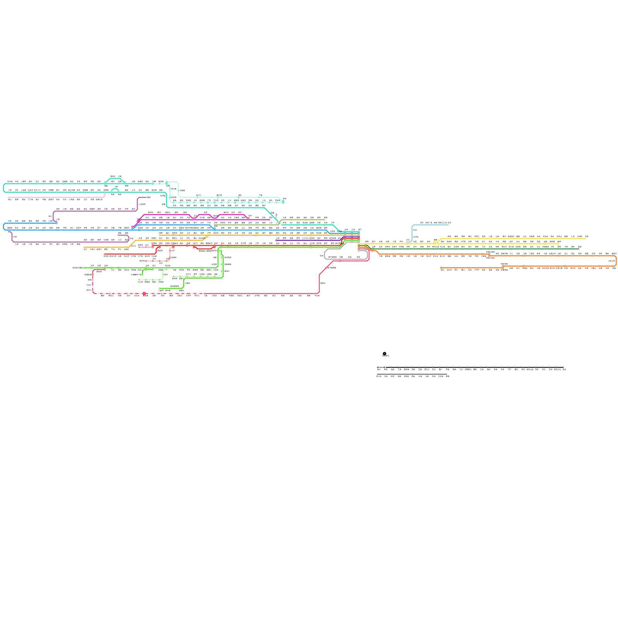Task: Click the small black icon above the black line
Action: [385, 354]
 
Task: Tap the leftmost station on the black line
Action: [378, 367]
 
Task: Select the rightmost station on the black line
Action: [563, 367]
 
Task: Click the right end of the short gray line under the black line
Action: [447, 374]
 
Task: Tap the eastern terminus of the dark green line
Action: [579, 249]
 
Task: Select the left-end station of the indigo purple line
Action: [277, 240]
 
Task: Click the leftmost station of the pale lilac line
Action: [8, 197]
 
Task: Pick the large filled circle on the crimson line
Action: [144, 294]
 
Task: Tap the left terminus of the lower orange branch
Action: [441, 268]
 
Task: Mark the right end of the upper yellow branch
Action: [586, 238]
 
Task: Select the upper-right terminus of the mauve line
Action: [146, 197]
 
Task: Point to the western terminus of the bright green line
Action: [85, 268]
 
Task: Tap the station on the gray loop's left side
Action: [325, 256]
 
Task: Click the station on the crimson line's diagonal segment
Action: [327, 267]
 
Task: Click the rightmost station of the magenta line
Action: [269, 220]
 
